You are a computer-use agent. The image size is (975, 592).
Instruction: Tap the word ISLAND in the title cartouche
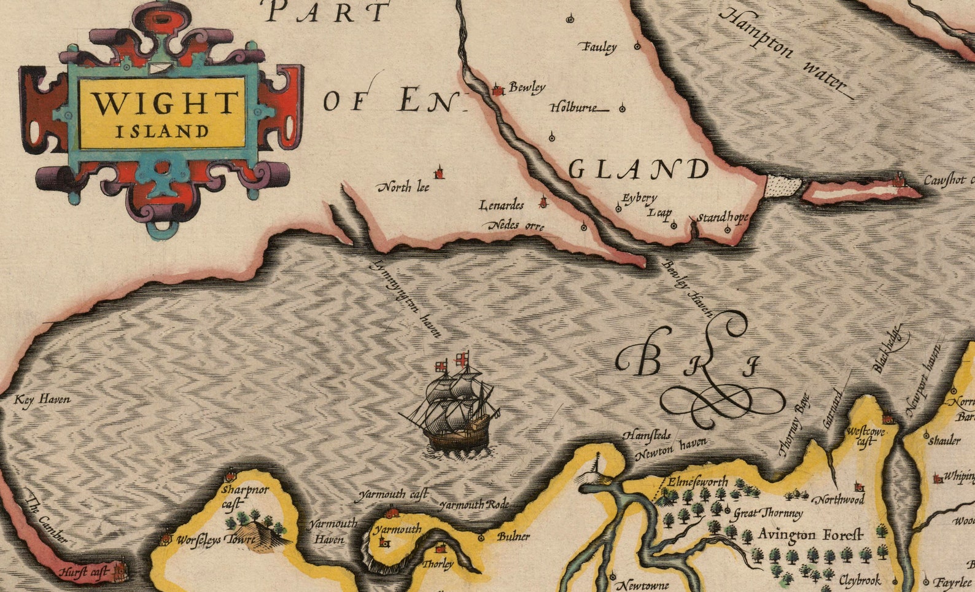click(161, 131)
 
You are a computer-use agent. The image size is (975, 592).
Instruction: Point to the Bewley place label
click(527, 88)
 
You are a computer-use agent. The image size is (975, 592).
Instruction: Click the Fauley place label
click(599, 47)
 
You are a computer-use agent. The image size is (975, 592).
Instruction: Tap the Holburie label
click(573, 107)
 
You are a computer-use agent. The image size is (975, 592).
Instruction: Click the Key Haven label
click(42, 400)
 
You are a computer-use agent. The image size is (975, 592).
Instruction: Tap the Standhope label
click(723, 217)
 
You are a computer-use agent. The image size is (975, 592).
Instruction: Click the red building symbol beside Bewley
click(498, 91)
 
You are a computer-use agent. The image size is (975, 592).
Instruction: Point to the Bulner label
click(513, 536)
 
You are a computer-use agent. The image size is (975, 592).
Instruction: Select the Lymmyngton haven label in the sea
click(406, 298)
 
